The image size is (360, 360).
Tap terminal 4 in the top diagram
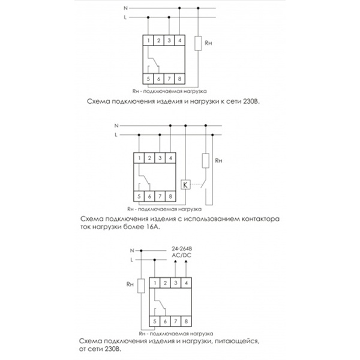180,41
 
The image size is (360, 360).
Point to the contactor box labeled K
185,184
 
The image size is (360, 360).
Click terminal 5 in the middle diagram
139,196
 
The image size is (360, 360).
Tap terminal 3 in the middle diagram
160,158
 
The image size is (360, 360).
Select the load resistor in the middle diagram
206,161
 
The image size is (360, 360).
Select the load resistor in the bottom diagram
140,286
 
